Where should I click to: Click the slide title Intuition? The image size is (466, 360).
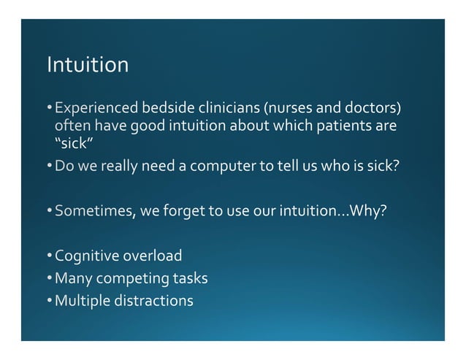point(88,66)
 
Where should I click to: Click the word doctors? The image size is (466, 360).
point(373,110)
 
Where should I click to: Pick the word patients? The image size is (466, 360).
point(340,126)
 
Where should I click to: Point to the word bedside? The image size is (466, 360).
point(161,110)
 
